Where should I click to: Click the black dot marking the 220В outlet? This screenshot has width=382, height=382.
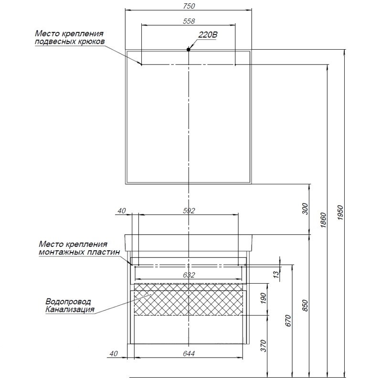189,49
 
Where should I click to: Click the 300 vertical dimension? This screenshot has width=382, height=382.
306,209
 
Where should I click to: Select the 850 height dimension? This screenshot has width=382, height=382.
306,305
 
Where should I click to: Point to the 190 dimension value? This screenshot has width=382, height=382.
271,299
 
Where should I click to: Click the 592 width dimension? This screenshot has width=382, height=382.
189,211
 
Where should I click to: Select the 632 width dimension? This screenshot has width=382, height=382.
189,275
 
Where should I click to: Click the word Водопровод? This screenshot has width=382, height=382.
68,302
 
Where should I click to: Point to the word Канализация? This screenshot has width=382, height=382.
70,309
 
